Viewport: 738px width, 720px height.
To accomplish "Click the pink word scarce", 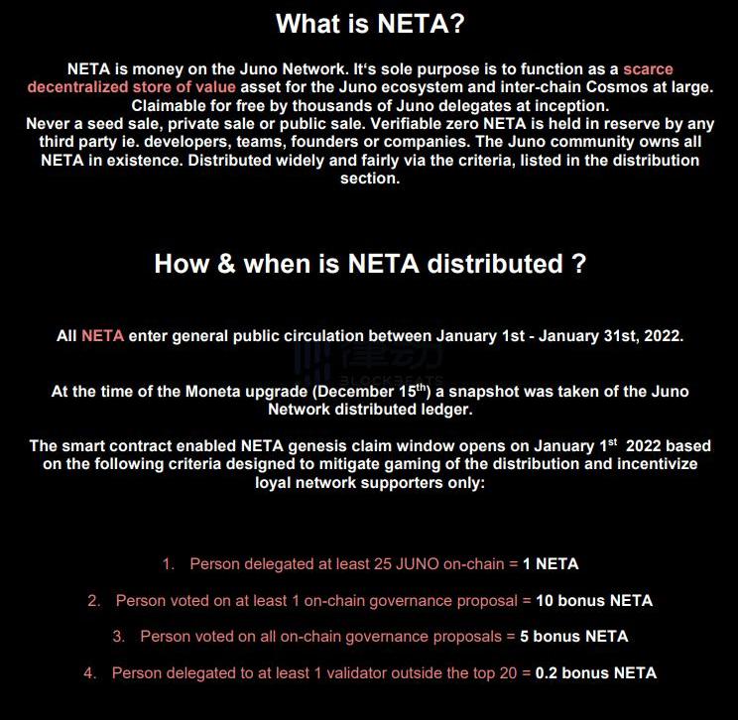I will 648,69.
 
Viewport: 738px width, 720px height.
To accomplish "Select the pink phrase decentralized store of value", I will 132,87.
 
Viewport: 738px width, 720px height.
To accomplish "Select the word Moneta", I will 215,392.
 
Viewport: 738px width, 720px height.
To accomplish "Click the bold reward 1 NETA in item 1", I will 551,564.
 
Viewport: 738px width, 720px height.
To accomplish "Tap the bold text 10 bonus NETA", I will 594,601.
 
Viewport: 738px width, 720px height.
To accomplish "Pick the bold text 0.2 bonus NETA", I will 595,673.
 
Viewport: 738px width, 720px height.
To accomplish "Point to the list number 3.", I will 118,637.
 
